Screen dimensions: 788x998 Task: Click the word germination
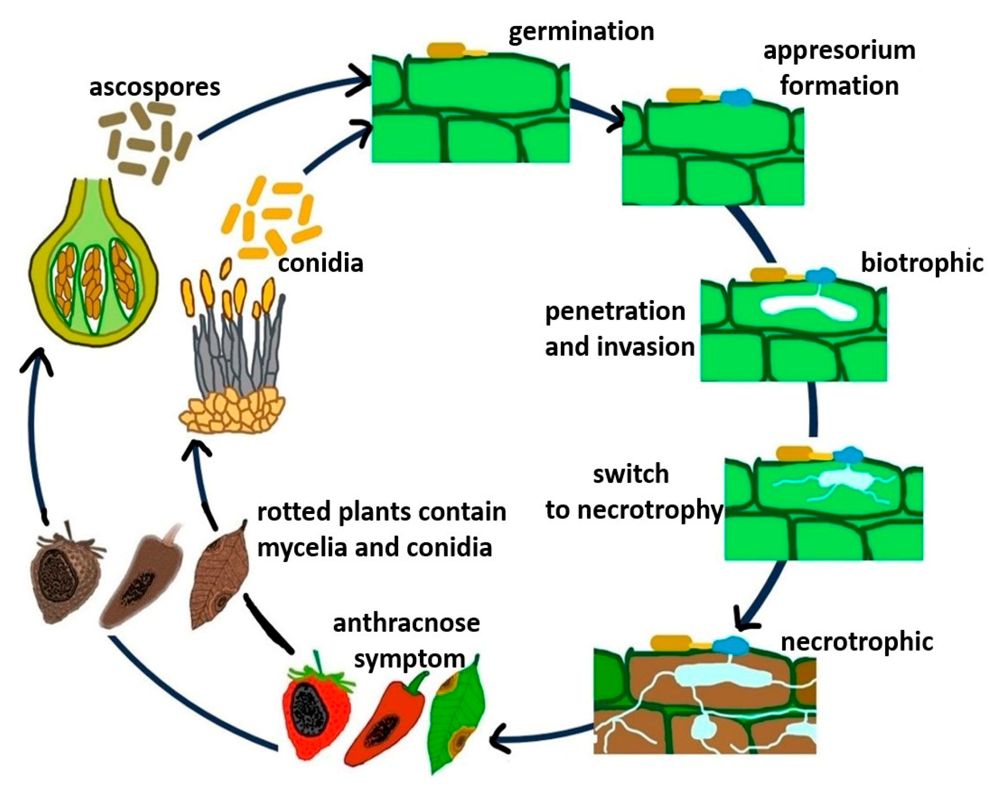(x=581, y=32)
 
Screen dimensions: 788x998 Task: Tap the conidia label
(x=321, y=263)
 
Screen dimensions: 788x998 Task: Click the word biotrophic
(x=922, y=263)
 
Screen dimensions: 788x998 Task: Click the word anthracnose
(x=406, y=623)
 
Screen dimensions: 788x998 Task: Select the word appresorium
(x=839, y=51)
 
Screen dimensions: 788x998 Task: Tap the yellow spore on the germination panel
(x=446, y=49)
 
